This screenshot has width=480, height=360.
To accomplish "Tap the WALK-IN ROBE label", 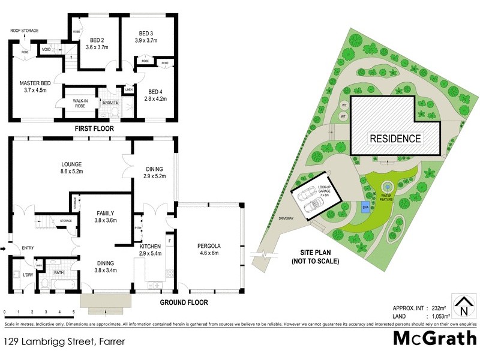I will tap(79, 103).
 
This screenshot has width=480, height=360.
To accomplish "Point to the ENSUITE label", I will tap(110, 103).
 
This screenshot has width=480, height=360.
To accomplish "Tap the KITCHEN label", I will tap(150, 247).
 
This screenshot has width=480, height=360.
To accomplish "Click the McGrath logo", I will tap(434, 338).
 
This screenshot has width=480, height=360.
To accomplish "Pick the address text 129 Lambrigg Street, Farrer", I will tap(59, 343).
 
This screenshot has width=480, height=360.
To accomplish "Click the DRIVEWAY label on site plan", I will tap(286, 219).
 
